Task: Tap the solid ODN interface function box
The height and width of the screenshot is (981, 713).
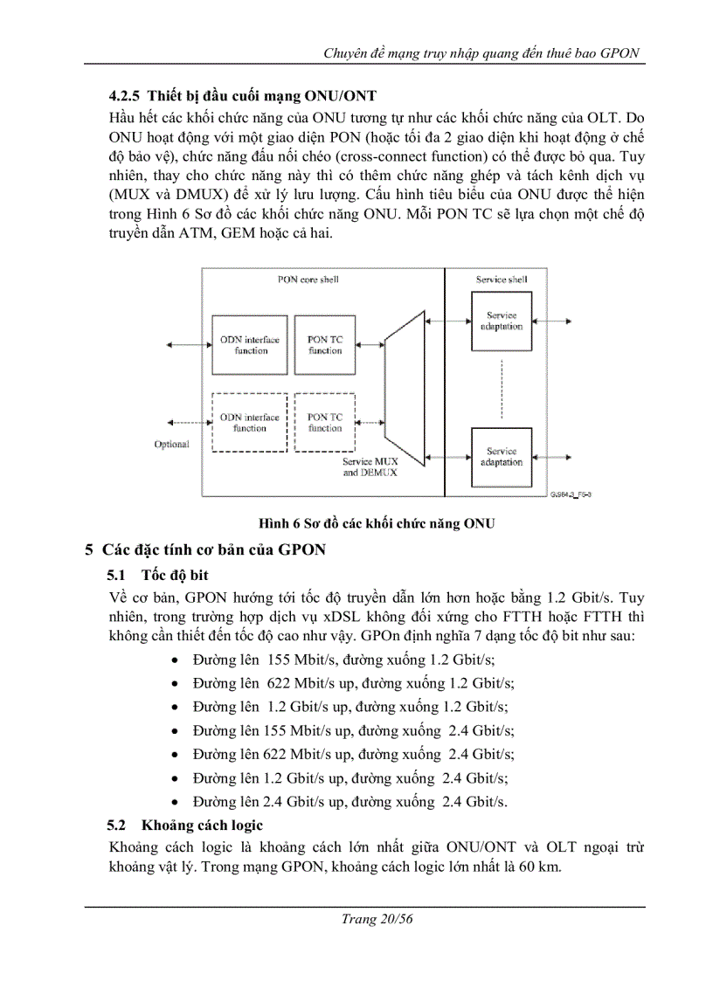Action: coord(249,344)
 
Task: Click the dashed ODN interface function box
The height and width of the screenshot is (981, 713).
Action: coord(249,422)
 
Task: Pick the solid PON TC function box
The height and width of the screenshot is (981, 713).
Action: coord(325,344)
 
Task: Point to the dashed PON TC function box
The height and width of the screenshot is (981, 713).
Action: coord(325,422)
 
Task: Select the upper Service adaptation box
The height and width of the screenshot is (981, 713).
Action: coord(502,321)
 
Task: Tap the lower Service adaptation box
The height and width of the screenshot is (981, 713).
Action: coord(502,457)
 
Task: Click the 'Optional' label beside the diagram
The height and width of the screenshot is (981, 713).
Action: coord(172,444)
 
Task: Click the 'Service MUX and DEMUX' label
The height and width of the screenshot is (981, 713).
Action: coord(370,466)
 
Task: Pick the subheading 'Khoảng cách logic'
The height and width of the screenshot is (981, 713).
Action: coord(202,825)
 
